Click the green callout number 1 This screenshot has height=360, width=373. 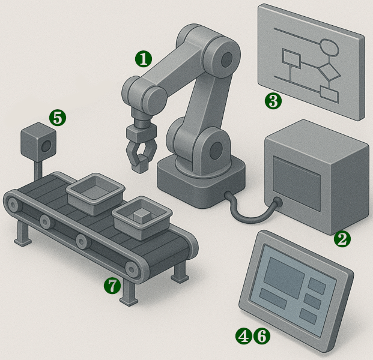144,59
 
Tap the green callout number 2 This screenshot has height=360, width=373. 342,239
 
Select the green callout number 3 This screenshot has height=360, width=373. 273,101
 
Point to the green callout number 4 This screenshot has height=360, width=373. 244,336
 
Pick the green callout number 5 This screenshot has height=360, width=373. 58,118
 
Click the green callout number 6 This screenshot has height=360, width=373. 262,336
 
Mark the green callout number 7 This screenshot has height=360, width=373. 112,286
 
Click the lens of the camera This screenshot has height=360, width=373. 46,146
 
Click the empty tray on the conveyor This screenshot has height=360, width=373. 95,194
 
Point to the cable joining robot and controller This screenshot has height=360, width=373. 252,209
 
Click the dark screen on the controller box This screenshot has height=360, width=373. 296,183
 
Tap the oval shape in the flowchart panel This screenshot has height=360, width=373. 330,47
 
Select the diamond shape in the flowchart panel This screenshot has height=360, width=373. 330,72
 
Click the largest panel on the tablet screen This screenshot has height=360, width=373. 284,277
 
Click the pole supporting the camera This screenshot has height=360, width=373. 38,170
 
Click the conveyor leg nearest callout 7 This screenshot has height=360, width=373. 129,292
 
